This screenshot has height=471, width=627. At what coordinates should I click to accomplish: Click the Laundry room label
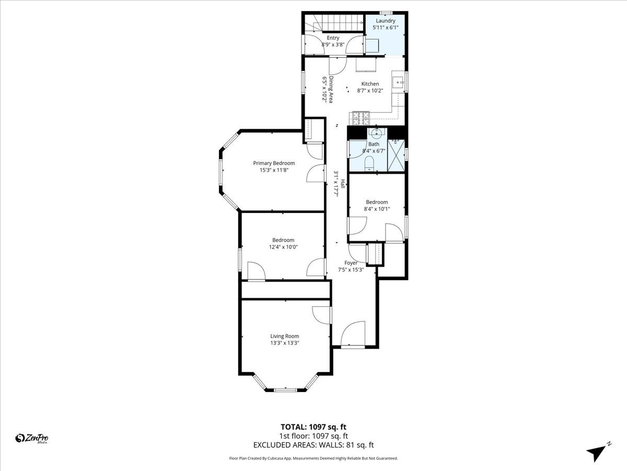(386, 21)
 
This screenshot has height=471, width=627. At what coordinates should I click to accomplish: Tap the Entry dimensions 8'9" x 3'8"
(333, 45)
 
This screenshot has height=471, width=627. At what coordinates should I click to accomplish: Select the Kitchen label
(370, 84)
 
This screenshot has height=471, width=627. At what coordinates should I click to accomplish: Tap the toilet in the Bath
(369, 163)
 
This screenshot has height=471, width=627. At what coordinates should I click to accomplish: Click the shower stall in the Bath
(396, 155)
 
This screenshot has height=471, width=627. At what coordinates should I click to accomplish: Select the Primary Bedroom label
(274, 163)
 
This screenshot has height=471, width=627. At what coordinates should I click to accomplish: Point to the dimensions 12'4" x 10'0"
(283, 247)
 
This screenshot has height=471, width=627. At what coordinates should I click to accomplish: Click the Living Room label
(284, 337)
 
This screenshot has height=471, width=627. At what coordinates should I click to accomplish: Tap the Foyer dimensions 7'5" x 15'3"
(351, 270)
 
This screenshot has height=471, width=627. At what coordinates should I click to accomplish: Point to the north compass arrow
(597, 452)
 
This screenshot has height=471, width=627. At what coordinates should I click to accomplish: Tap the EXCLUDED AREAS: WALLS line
(313, 445)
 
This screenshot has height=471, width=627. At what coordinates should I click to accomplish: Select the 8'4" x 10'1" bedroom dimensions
(377, 209)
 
